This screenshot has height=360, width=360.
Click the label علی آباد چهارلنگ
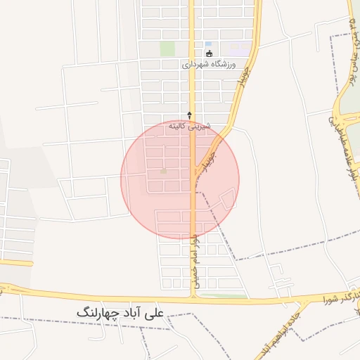[122, 311]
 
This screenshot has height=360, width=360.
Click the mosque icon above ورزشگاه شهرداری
[209, 53]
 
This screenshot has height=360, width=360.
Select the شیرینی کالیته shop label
[186, 126]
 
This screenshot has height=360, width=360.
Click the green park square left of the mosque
[167, 49]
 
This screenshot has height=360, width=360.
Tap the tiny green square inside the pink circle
[164, 171]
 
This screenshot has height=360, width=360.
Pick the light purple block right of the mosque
[240, 50]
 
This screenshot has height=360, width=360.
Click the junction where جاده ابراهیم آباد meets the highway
[307, 301]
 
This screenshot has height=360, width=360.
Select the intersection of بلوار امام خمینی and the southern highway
[192, 299]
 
